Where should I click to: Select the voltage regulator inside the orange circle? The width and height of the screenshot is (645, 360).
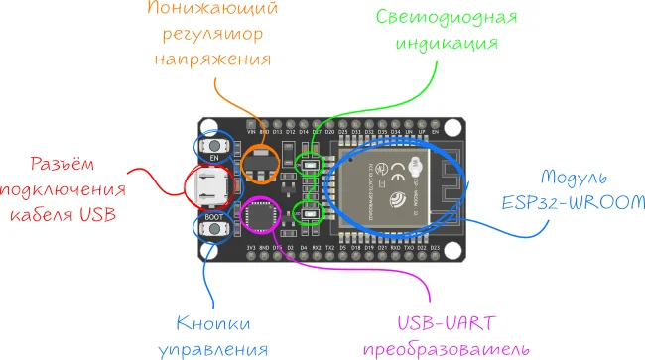click(261, 164)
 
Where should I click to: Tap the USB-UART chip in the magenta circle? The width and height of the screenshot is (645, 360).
click(260, 214)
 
